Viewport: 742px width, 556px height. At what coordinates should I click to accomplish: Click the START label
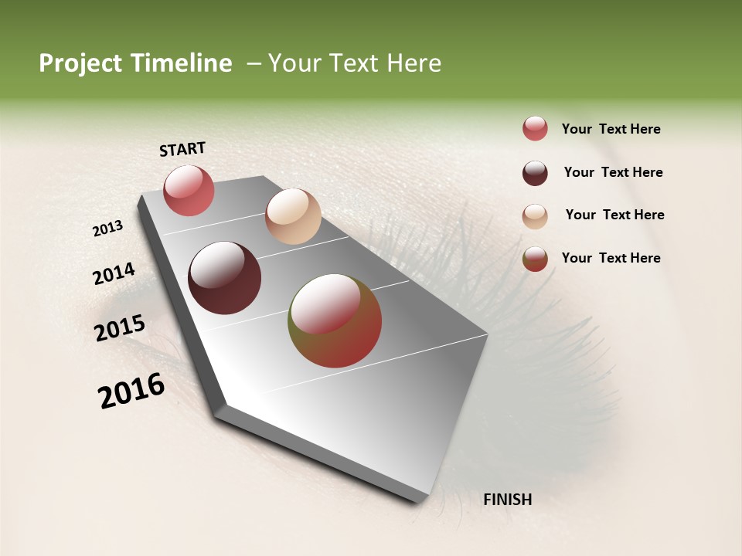coord(182,149)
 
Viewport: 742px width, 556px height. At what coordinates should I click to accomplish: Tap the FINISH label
coord(508,500)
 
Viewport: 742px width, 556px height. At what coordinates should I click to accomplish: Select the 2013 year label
coord(108,229)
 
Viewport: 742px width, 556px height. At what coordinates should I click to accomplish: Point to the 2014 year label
coord(114,273)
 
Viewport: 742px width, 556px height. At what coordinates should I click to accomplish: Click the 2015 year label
coord(120,328)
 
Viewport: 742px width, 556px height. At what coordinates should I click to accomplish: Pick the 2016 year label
coord(131,391)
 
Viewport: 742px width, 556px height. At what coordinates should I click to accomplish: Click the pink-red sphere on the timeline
coord(189,190)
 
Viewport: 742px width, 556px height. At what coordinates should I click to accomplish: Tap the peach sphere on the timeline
coord(293,216)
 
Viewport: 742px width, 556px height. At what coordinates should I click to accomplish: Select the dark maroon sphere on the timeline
coord(224,278)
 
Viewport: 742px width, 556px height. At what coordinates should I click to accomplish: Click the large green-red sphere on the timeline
coord(335,320)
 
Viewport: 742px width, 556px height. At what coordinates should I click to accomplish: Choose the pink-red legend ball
coord(535,129)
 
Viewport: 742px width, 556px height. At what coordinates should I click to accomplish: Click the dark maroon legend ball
coord(535,173)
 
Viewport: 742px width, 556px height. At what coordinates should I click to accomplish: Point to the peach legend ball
coord(535,216)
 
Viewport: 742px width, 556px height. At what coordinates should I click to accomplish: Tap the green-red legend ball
coord(535,259)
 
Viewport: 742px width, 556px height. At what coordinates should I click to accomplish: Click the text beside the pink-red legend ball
coord(611,130)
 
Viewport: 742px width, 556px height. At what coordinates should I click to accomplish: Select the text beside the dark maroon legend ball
coord(614,172)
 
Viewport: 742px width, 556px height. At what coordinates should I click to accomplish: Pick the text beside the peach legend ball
coord(615,215)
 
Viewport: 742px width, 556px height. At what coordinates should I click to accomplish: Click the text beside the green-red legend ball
coord(611,258)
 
